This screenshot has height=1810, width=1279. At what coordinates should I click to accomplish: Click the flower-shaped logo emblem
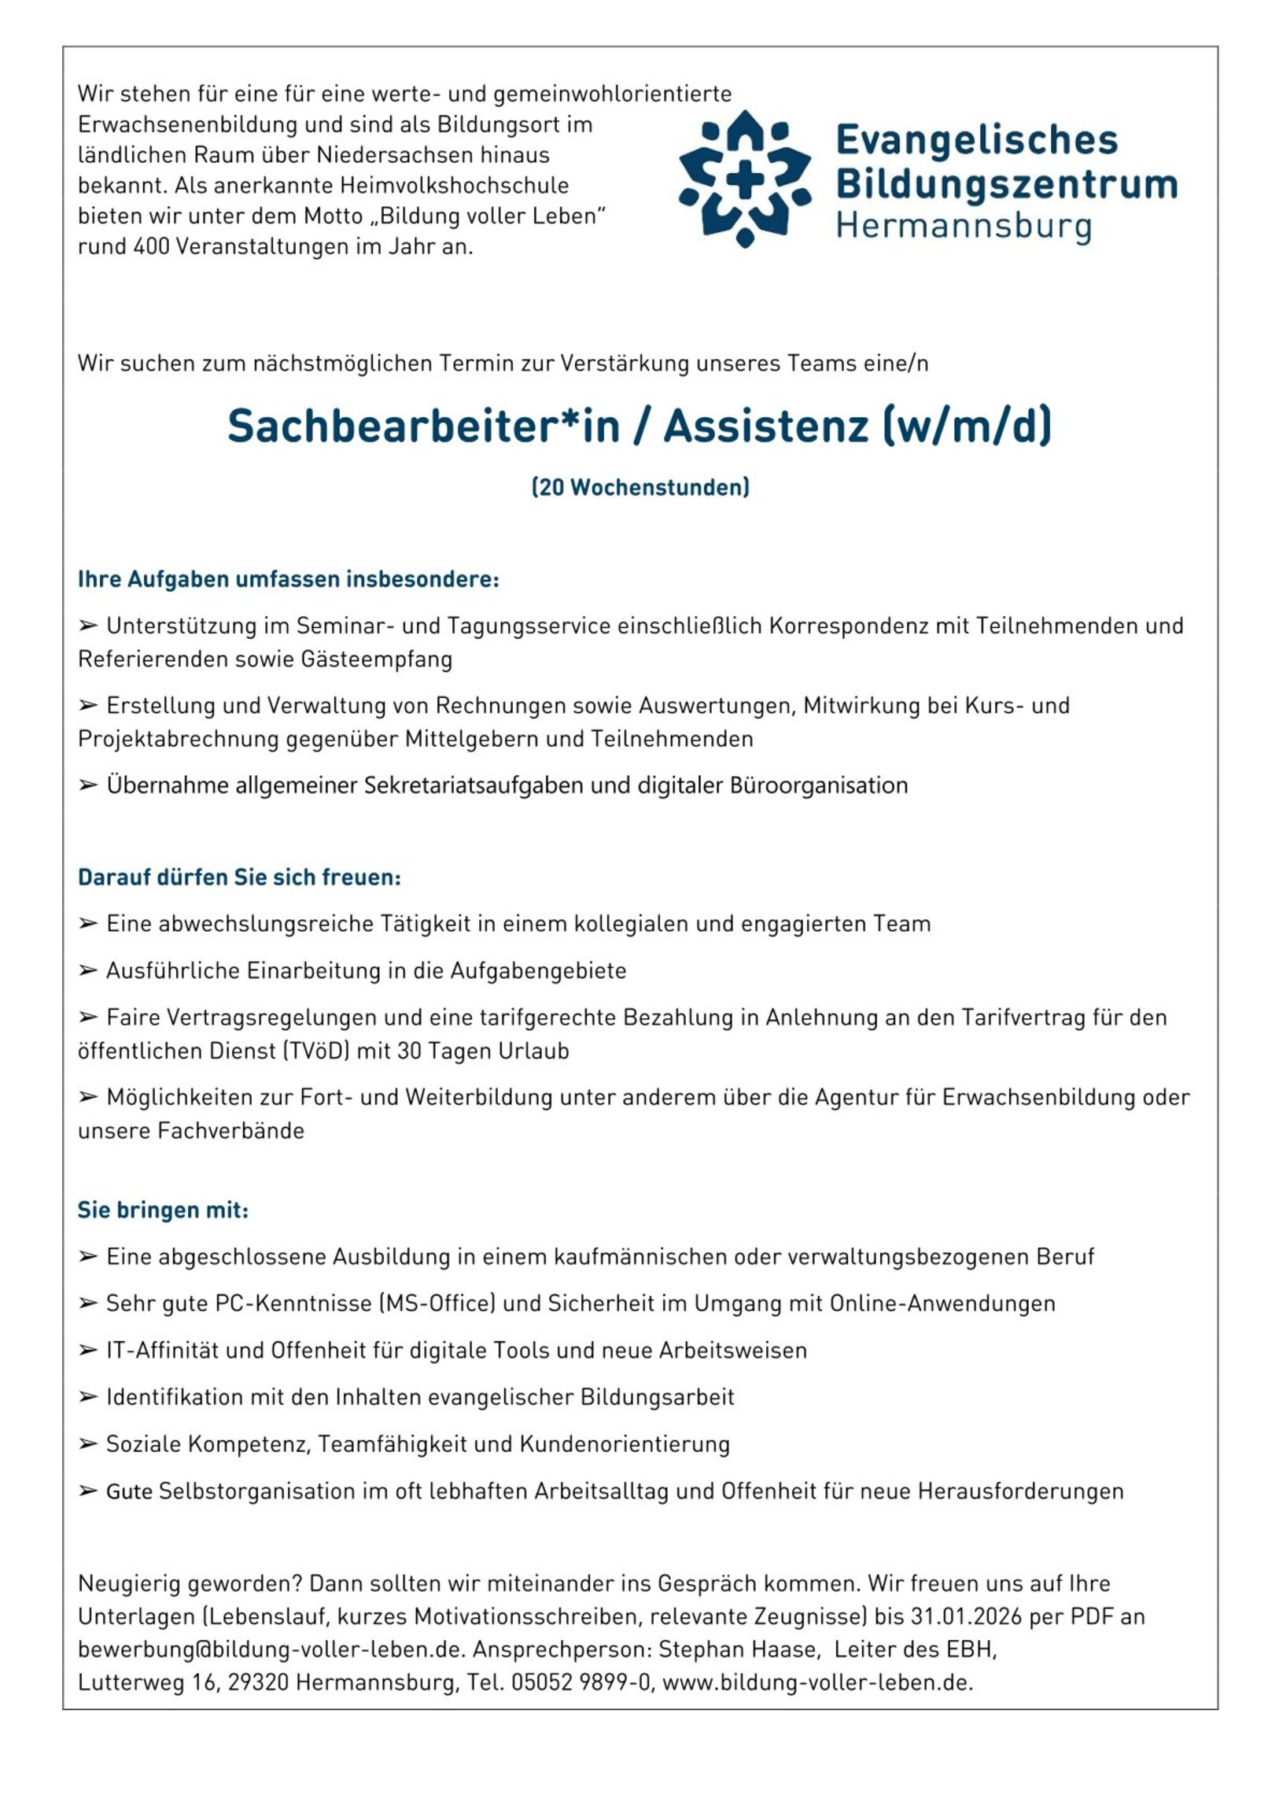click(744, 178)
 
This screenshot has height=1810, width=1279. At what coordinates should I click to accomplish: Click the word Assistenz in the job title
click(766, 427)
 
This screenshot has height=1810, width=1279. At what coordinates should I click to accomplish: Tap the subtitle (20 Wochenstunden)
click(640, 487)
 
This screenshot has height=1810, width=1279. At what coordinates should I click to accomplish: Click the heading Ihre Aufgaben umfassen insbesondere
click(288, 579)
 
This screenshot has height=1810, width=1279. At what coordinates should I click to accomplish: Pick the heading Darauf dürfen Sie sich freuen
click(240, 877)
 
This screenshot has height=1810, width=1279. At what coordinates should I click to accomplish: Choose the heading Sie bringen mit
click(163, 1210)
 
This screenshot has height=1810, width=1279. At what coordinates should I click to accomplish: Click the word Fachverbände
click(231, 1132)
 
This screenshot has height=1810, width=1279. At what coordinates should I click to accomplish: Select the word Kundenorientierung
click(624, 1444)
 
